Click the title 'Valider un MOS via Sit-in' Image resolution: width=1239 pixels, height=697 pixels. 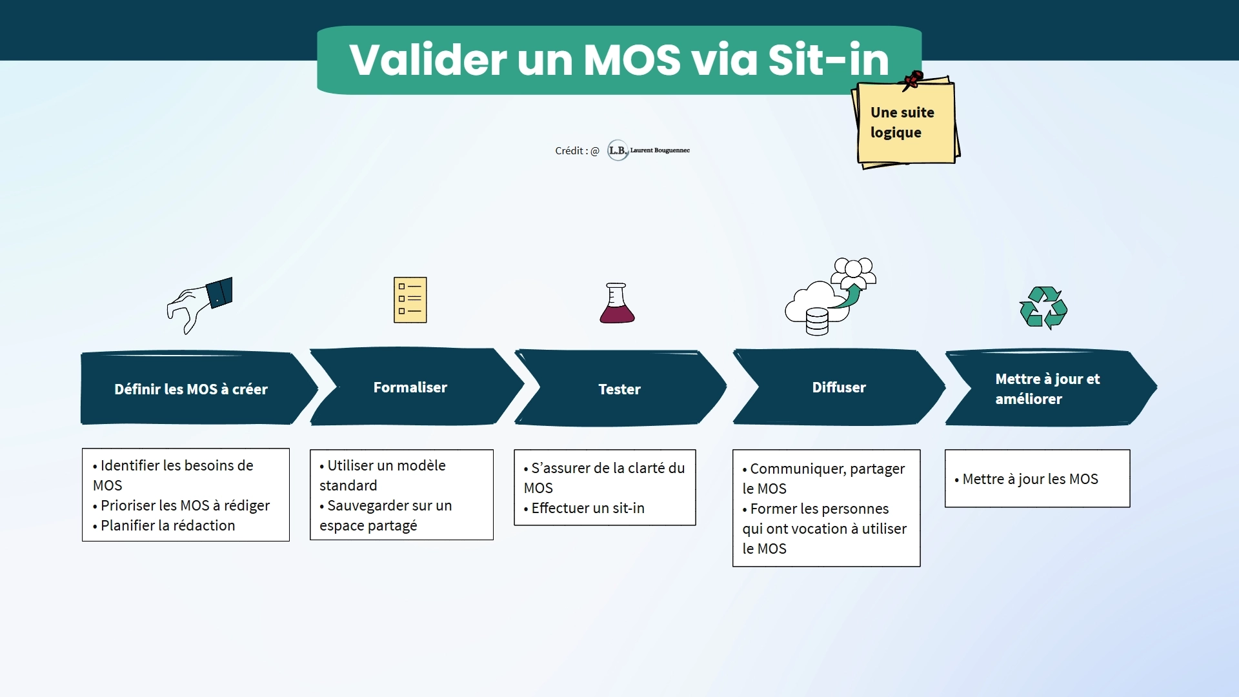(619, 59)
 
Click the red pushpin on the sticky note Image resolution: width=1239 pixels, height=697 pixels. (913, 81)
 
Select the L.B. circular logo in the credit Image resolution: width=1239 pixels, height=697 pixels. (618, 150)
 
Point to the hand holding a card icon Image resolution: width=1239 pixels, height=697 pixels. (199, 305)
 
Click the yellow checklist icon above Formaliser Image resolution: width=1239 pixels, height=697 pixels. (410, 300)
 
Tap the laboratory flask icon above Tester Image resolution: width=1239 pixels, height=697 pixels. (617, 303)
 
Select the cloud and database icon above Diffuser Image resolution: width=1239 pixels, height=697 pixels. (831, 297)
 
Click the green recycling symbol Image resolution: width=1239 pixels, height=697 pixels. (1043, 308)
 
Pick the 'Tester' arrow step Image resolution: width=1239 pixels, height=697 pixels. (621, 389)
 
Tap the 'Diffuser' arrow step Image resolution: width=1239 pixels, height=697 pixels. (839, 387)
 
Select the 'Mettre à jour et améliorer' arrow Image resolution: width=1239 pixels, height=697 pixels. (1051, 389)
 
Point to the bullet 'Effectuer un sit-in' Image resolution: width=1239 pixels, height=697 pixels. (584, 508)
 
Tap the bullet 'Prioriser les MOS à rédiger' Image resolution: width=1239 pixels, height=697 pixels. (181, 505)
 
